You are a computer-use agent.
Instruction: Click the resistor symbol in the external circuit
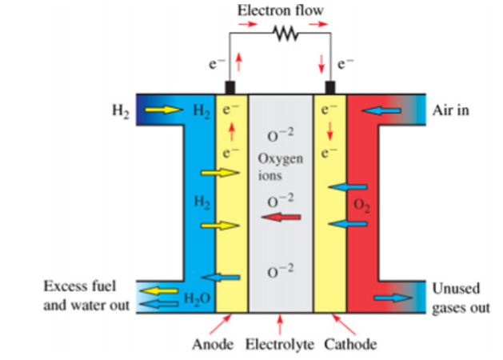coord(285,33)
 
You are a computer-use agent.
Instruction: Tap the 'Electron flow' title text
coord(281,10)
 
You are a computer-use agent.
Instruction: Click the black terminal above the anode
coord(230,87)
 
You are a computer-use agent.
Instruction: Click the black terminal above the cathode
coord(330,87)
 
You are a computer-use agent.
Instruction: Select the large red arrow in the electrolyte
coord(281,218)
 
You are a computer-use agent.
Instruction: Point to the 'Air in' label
coord(450,110)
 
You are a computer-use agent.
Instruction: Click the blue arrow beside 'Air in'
coord(381,110)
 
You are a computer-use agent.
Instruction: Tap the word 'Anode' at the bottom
coord(213,345)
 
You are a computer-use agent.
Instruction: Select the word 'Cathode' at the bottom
coord(350,345)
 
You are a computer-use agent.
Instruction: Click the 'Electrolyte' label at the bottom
coord(279,345)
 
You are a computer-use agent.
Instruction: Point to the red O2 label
coord(361,206)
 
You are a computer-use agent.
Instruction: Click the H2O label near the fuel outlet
coord(197,298)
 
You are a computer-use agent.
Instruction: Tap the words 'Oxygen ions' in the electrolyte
coord(281,167)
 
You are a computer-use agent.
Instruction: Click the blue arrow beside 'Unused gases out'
coord(393,298)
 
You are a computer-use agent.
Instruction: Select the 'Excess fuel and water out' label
coord(86,295)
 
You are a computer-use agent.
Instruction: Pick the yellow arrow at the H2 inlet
coord(164,110)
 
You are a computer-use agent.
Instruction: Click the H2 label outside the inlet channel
coord(121,111)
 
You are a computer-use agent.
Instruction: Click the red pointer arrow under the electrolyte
coord(280,324)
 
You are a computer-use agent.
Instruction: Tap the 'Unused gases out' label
coord(461,298)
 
